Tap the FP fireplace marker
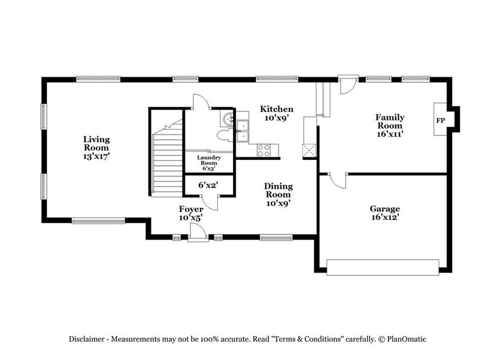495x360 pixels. tap(440, 121)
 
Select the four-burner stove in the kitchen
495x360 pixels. tap(264, 148)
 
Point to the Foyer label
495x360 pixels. tap(191, 209)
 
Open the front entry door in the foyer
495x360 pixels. tap(198, 233)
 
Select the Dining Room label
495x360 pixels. tap(278, 190)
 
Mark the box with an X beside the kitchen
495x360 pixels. tap(309, 151)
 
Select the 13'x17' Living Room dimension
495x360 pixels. tap(97, 156)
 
